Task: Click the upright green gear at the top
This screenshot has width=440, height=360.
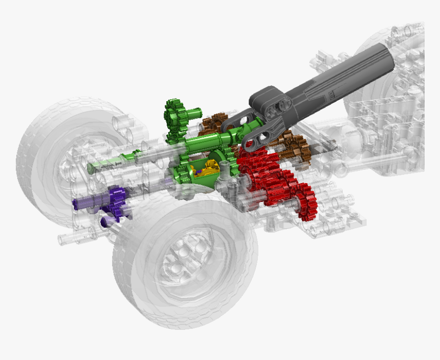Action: (175, 117)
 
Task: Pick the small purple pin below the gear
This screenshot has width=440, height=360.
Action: (106, 222)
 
